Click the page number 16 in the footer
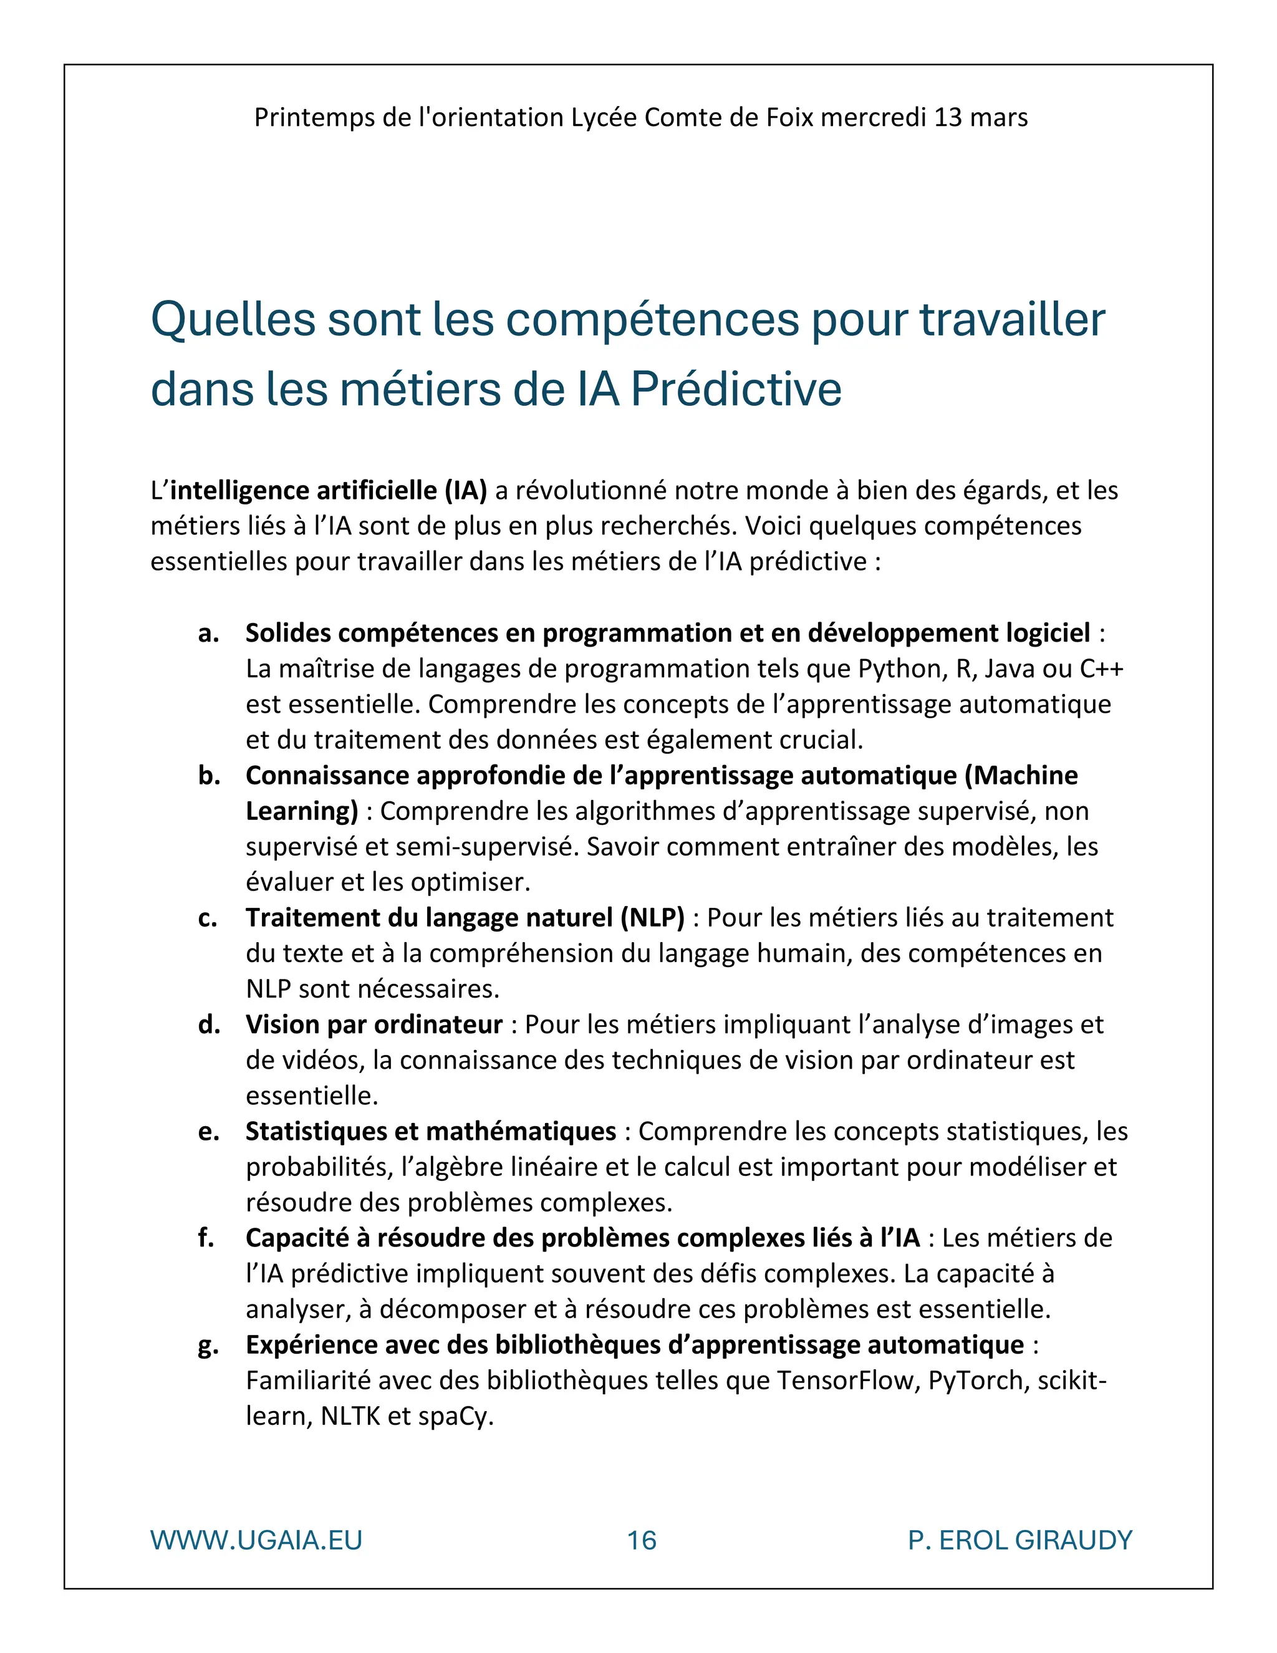tap(641, 1540)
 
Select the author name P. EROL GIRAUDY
tap(1019, 1540)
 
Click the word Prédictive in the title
tap(735, 389)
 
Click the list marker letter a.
tap(208, 633)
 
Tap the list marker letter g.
tap(208, 1346)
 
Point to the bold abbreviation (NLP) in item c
tap(652, 918)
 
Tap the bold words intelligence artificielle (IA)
tap(328, 491)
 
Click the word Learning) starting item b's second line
tap(301, 811)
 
